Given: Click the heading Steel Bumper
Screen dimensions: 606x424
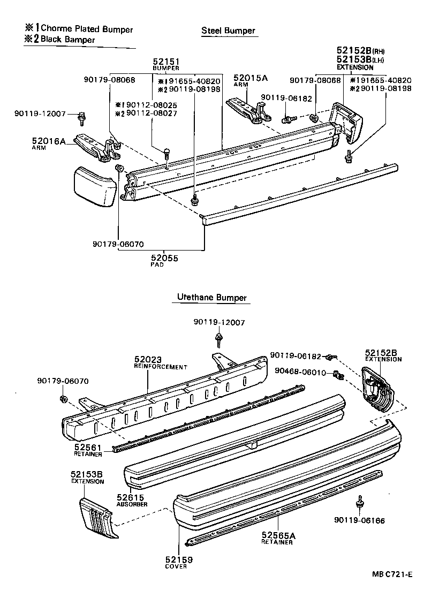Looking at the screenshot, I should pyautogui.click(x=228, y=31).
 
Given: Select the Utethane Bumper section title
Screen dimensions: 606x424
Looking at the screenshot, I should pyautogui.click(x=211, y=298).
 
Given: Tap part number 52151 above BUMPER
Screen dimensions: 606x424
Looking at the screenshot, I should pyautogui.click(x=165, y=62).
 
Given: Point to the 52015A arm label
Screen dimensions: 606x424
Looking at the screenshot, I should pyautogui.click(x=250, y=78).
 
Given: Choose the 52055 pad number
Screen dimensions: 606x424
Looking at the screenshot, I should pyautogui.click(x=164, y=258).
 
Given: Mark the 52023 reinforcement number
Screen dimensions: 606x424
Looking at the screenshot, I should pyautogui.click(x=148, y=359).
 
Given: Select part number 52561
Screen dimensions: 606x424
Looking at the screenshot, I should pyautogui.click(x=84, y=447).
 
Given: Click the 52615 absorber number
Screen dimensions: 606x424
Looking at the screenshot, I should pyautogui.click(x=129, y=497).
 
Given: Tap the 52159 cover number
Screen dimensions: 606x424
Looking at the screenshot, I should pyautogui.click(x=179, y=559).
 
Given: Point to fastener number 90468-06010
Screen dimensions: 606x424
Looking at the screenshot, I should pyautogui.click(x=300, y=372).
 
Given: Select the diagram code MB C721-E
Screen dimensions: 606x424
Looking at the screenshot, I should pyautogui.click(x=392, y=574).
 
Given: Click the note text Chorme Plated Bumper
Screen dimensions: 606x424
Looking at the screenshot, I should pyautogui.click(x=87, y=29).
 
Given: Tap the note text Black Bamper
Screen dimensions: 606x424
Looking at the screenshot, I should pyautogui.click(x=68, y=40).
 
